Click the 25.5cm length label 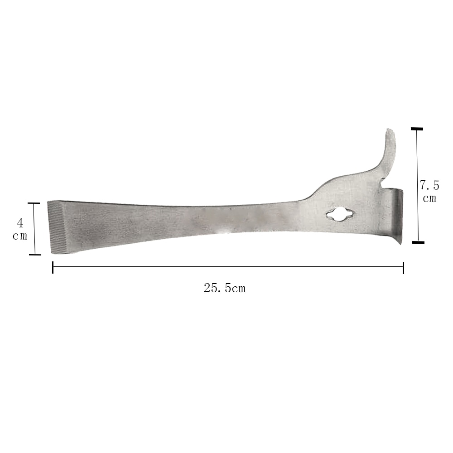pyautogui.click(x=225, y=288)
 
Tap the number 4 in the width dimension pyautogui.click(x=20, y=223)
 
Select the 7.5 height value pyautogui.click(x=429, y=185)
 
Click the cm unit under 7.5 pyautogui.click(x=429, y=198)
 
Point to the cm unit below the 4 pyautogui.click(x=20, y=236)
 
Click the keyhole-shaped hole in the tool pyautogui.click(x=340, y=215)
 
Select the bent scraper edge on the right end pyautogui.click(x=397, y=217)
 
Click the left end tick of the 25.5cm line pyautogui.click(x=53, y=267)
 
